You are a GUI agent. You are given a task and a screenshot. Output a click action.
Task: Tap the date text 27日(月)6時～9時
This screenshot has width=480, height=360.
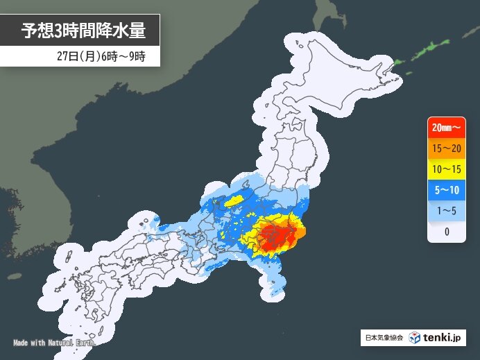[x=103, y=55]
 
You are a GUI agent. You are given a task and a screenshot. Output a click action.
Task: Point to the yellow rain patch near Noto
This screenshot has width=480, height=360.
[x=234, y=200]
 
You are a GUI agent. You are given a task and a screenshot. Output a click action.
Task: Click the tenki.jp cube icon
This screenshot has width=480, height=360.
[x=414, y=338]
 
